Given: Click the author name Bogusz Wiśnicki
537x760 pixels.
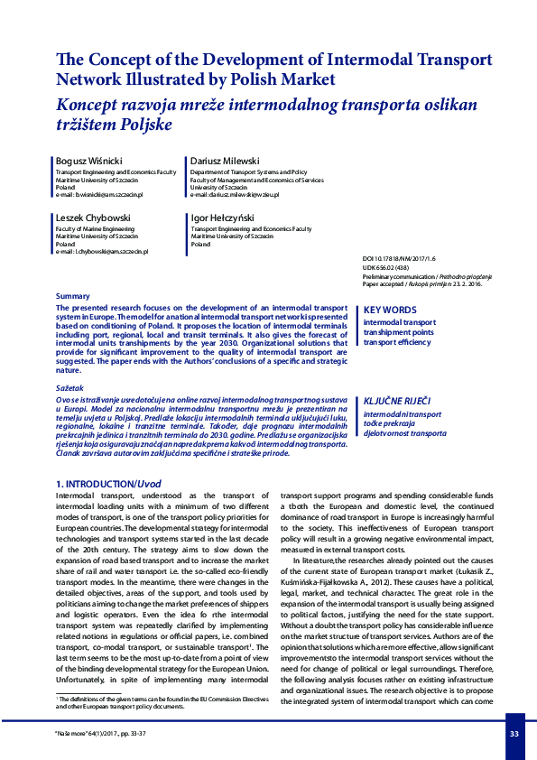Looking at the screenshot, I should tap(90, 160).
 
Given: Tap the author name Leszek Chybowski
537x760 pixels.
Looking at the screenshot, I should tap(92, 219).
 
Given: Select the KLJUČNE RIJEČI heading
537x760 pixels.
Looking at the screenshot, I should tap(397, 400).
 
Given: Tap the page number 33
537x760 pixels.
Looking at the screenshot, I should tap(514, 734).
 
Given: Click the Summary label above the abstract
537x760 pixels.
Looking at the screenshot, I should tap(73, 296).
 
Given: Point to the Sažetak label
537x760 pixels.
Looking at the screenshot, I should tap(70, 387).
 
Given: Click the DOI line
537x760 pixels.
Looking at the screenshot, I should tap(398, 258).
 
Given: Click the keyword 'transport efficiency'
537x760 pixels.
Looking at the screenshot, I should tap(397, 343).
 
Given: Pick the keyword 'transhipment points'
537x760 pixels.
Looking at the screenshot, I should tap(398, 332).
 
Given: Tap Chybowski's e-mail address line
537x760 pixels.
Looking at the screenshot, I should tap(101, 252).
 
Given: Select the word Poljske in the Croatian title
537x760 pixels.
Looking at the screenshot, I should tap(141, 124).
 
